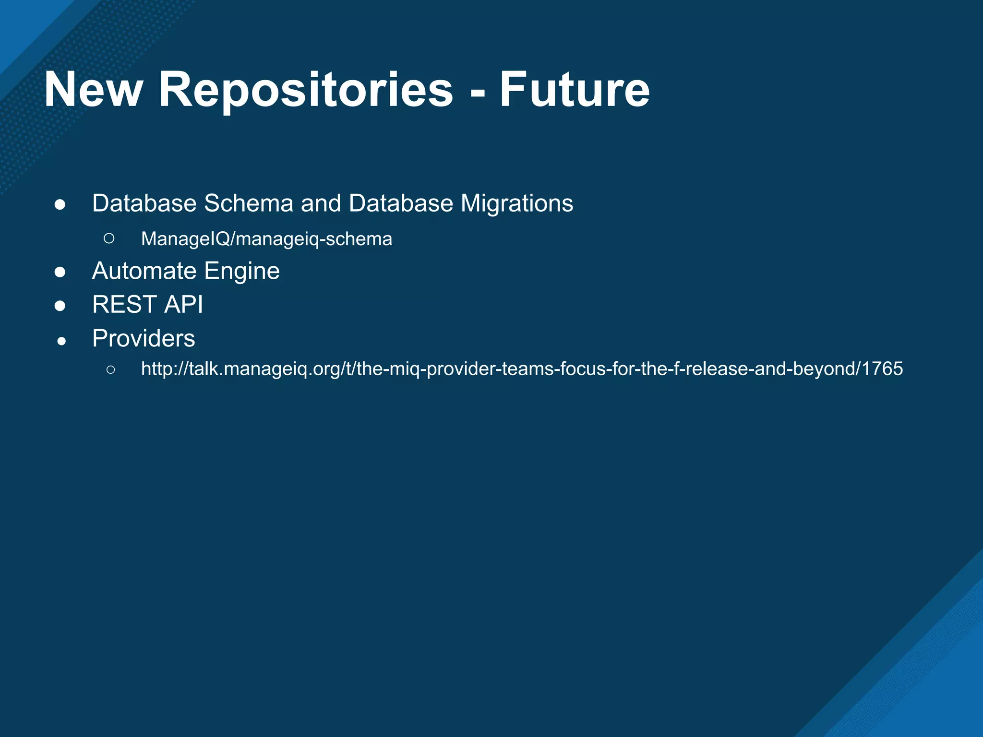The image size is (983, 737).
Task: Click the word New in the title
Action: pos(94,90)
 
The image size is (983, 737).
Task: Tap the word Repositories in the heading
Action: pos(306,90)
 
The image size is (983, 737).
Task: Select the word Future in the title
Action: pos(575,90)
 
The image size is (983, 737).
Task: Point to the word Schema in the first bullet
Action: pos(249,203)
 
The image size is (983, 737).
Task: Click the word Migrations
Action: pos(516,203)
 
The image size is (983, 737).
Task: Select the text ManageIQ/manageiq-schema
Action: pos(266,239)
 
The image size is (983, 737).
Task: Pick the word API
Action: pos(183,305)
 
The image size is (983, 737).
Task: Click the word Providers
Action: pos(144,338)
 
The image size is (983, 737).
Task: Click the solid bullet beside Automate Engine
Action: pos(60,273)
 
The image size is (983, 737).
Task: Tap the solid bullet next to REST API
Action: pos(60,306)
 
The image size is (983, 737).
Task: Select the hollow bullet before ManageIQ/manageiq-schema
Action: pos(109,238)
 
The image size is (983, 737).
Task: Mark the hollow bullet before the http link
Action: pos(110,369)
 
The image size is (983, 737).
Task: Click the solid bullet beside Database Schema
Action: pos(60,205)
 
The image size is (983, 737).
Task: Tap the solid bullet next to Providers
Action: pos(61,341)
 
